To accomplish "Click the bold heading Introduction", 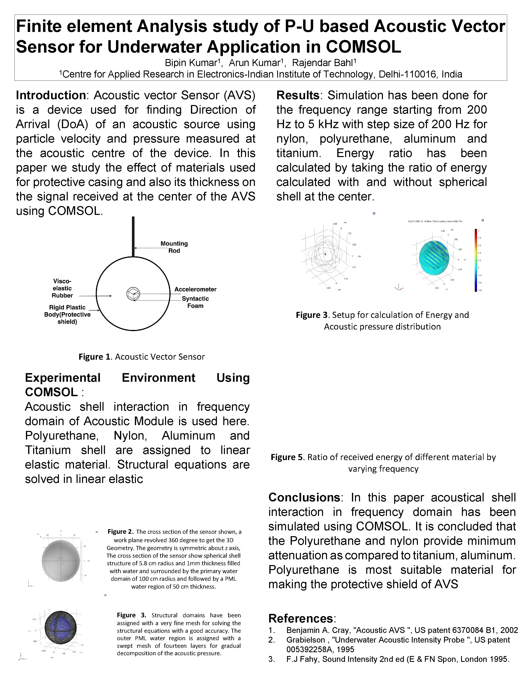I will [51, 95].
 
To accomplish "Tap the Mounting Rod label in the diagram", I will [174, 247].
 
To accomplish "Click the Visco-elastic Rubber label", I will [62, 288].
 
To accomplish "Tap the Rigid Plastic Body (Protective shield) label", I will [67, 314].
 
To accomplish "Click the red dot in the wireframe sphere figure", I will [325, 254].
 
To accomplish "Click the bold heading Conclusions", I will [304, 497].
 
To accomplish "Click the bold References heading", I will [300, 618].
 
